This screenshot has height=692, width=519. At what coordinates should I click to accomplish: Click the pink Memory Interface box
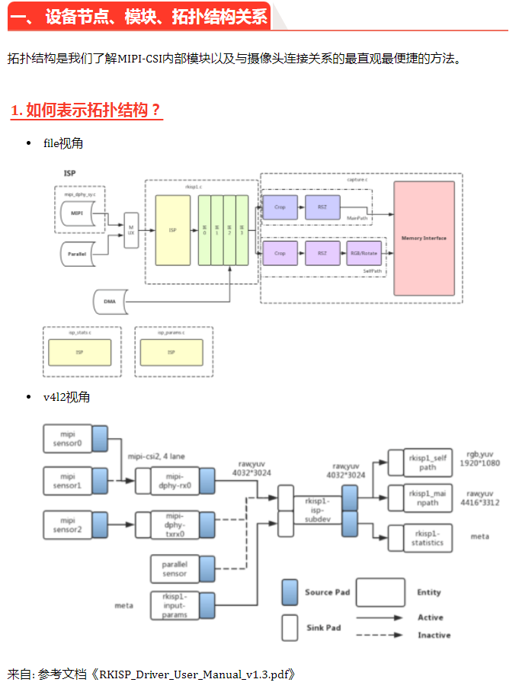point(424,238)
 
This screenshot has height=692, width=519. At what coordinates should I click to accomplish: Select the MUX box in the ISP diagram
point(130,229)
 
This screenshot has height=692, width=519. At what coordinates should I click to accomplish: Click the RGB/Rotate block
point(363,253)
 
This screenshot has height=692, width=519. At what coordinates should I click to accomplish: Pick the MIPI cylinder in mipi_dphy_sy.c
point(78,213)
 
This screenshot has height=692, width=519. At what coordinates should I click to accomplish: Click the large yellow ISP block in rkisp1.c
point(173,229)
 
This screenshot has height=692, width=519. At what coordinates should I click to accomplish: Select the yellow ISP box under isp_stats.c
point(79,353)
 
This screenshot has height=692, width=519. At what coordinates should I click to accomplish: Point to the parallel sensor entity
point(175,568)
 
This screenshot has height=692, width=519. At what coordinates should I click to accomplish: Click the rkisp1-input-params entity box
point(175,605)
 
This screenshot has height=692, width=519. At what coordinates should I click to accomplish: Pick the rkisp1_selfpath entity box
point(428,462)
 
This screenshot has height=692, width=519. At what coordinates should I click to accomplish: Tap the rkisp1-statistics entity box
point(428,537)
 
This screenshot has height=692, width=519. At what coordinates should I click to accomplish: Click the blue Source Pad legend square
point(290,592)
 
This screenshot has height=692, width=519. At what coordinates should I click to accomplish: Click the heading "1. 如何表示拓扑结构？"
point(86,110)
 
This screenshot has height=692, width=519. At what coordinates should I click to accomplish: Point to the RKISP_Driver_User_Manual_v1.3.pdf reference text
point(194,674)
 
